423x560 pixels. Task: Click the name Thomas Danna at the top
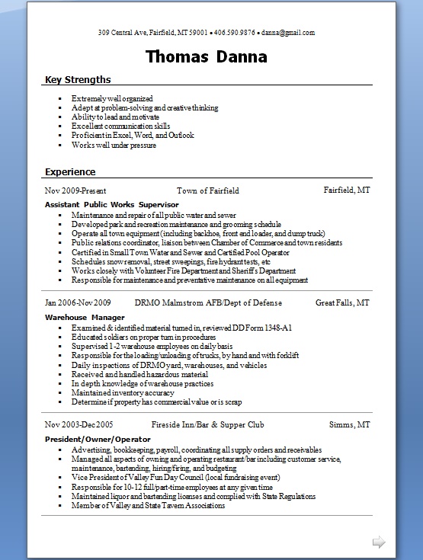tap(206, 57)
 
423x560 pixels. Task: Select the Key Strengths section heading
tap(78, 79)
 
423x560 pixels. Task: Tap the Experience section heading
tap(70, 171)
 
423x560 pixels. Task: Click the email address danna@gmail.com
tap(289, 33)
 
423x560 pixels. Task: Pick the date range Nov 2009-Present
tap(75, 190)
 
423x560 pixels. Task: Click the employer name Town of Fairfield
tap(208, 190)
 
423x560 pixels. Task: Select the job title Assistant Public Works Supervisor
tap(111, 205)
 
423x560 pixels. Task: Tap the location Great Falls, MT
tap(343, 302)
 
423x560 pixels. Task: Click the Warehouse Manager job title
tap(85, 317)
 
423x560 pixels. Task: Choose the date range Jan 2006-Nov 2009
tap(79, 302)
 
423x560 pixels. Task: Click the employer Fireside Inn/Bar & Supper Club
tap(207, 424)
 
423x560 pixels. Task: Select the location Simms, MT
tap(350, 424)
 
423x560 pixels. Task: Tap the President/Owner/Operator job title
tap(98, 439)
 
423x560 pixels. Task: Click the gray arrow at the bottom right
tap(379, 542)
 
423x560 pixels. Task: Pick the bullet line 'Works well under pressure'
tap(114, 145)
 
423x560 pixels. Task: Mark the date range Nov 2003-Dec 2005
tap(79, 424)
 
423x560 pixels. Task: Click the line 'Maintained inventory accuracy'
tap(123, 393)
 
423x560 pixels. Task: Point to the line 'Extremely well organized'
tap(112, 99)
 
